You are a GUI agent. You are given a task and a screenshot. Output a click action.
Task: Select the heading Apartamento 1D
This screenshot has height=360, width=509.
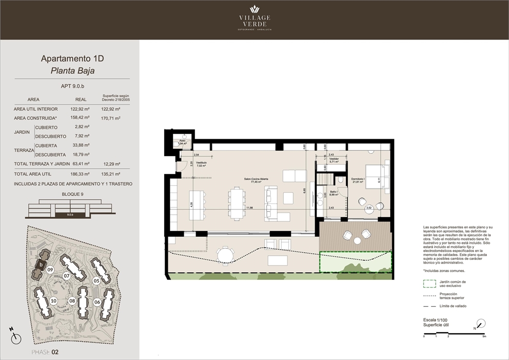click(x=69, y=59)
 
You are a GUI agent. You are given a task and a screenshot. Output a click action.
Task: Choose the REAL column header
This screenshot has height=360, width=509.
click(x=81, y=99)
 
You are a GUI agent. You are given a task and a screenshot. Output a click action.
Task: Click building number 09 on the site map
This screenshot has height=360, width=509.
click(x=50, y=269)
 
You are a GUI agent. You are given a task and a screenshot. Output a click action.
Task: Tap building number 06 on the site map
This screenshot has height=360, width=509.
click(x=97, y=302)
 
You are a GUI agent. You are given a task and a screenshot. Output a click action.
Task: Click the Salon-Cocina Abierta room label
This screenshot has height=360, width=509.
click(x=257, y=179)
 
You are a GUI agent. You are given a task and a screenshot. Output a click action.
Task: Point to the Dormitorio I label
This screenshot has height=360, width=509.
click(x=358, y=179)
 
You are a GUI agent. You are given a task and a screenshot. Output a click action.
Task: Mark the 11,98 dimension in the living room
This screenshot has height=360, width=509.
click(x=249, y=207)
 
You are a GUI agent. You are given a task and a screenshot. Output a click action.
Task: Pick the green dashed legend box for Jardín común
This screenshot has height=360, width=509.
click(x=429, y=283)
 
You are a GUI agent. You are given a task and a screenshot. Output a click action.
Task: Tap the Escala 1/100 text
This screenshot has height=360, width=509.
click(x=436, y=319)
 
